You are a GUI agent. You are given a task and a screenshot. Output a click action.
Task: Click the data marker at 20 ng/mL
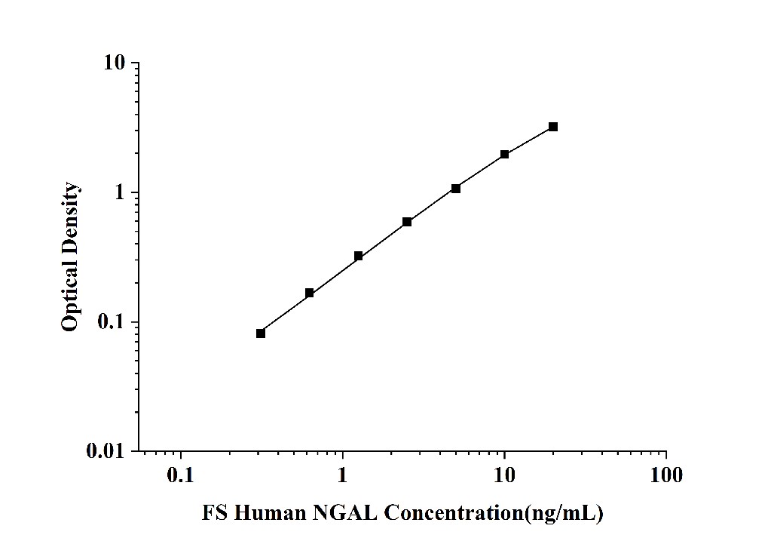553,127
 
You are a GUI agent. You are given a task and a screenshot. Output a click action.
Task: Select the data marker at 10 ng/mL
505,155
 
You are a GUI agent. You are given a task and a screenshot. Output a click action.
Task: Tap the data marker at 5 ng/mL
456,189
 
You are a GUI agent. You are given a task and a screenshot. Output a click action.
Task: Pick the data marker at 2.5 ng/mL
407,222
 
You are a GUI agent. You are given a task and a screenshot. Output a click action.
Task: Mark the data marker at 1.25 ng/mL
358,257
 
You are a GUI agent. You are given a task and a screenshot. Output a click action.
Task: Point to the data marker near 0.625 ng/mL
309,293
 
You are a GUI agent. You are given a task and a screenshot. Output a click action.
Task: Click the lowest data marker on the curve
261,334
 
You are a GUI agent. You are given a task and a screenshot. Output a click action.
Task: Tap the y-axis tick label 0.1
112,323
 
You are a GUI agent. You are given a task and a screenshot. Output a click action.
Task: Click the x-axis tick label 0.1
181,475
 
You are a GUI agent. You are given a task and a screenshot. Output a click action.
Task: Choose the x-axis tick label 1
343,475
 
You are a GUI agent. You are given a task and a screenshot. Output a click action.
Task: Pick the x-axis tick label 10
504,475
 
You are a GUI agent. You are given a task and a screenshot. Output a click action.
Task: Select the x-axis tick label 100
665,475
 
